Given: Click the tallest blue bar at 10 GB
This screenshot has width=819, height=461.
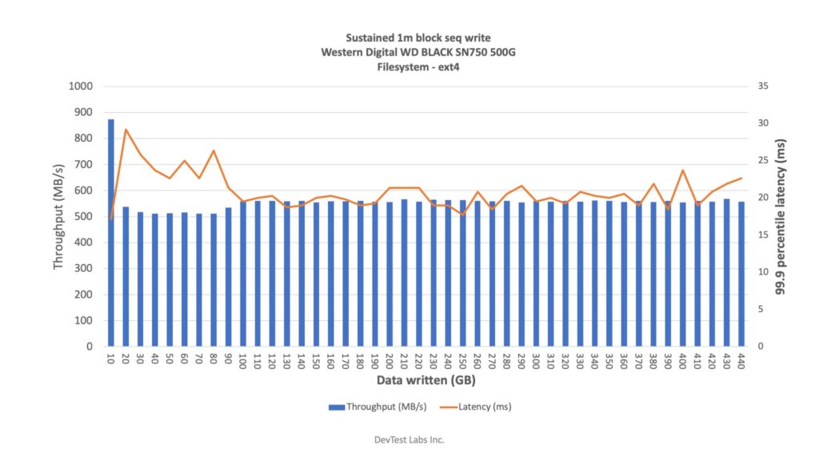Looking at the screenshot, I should click(x=111, y=232).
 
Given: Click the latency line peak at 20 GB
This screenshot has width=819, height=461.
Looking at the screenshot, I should click(x=126, y=130).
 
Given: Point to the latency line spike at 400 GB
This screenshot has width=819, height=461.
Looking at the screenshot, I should click(x=682, y=170).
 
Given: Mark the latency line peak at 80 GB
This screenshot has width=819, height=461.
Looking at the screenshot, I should click(x=214, y=150).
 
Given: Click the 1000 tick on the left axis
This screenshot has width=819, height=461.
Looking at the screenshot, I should click(x=82, y=86).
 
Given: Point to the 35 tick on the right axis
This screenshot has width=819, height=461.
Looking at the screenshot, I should click(x=753, y=86).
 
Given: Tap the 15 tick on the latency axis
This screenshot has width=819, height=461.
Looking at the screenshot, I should click(x=753, y=235).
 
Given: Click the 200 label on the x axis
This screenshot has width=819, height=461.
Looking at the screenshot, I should click(x=389, y=361).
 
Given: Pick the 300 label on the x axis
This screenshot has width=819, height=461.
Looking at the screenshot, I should click(x=535, y=361).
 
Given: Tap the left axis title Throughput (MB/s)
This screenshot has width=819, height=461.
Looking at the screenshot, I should click(x=59, y=216).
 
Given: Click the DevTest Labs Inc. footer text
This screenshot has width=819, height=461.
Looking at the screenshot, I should click(x=409, y=439).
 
